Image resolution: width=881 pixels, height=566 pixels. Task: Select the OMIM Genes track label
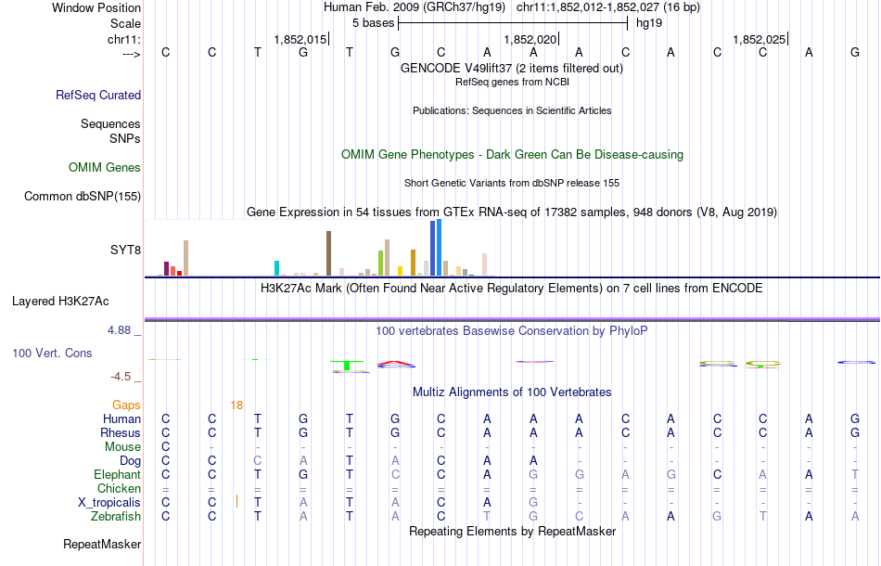pos(105,168)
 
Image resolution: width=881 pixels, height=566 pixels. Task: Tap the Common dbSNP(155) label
pos(83,196)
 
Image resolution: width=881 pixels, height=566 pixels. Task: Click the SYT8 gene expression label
pos(125,250)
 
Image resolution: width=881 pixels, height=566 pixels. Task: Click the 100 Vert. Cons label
pos(52,354)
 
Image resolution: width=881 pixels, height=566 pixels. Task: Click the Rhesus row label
pos(121,432)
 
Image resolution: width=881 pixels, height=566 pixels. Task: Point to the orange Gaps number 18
pos(236,405)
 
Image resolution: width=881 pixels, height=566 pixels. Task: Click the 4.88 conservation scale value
pos(122,329)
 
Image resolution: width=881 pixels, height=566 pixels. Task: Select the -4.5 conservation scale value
pos(122,376)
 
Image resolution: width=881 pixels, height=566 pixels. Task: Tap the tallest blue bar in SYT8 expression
pos(435,248)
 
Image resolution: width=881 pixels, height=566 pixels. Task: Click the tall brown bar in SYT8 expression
pos(328,253)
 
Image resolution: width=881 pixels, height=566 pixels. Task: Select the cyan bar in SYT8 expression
pos(276,268)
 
